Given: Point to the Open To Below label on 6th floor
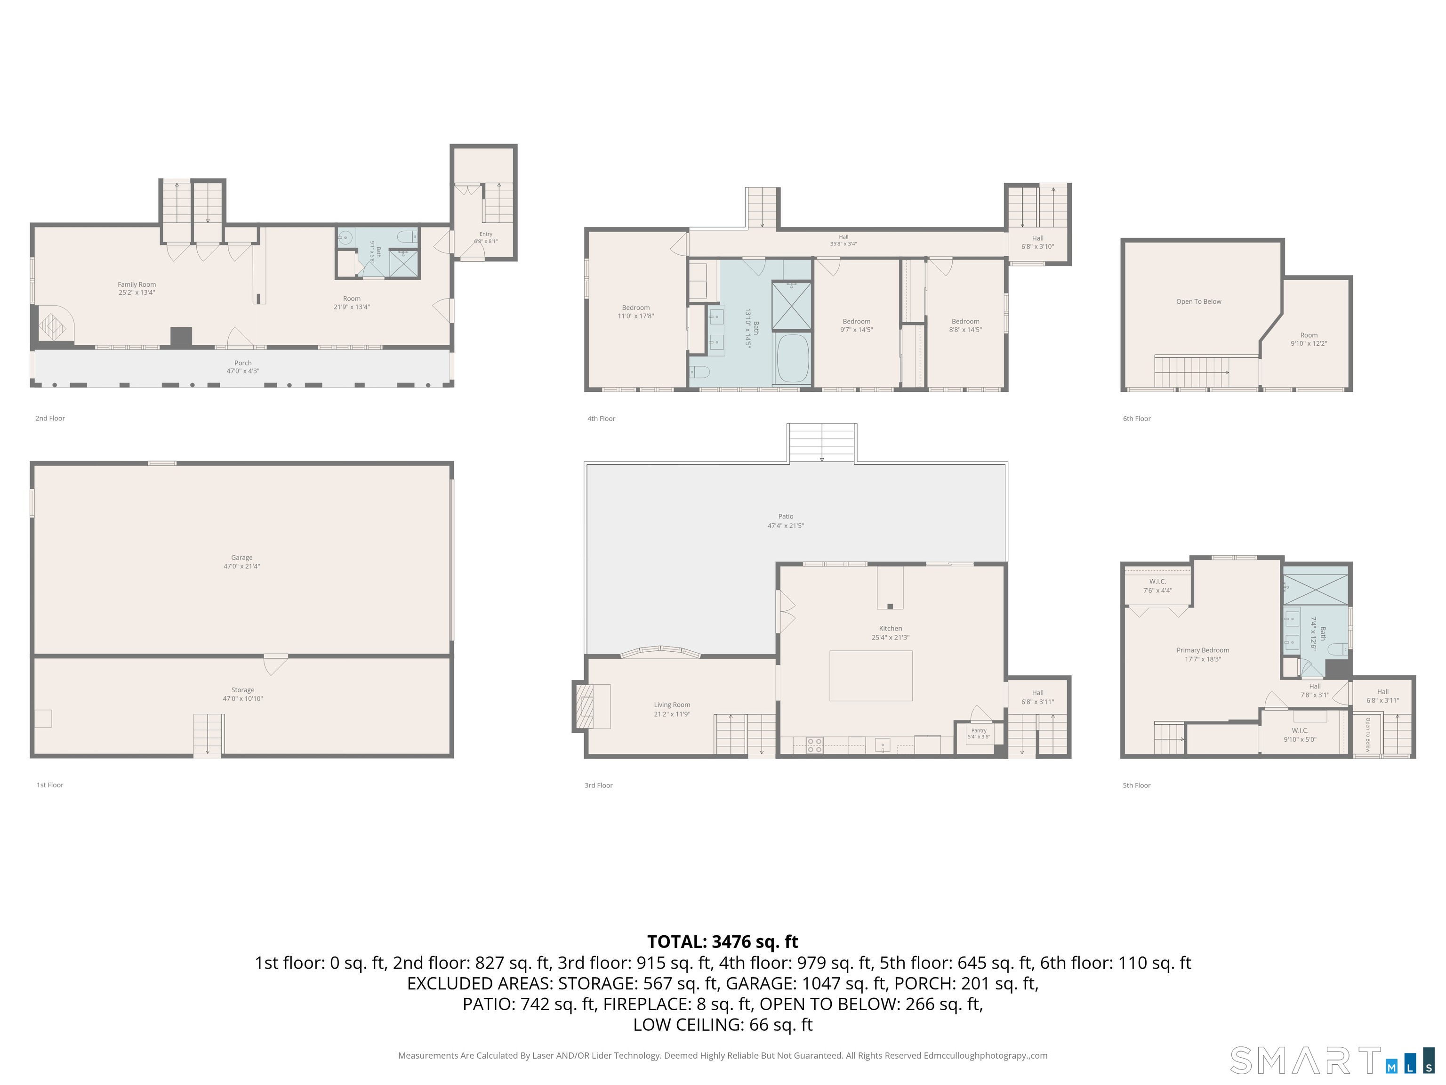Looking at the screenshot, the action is point(1199,301).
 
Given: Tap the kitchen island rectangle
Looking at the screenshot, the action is point(871,676).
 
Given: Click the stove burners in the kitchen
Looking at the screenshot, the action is point(814,745).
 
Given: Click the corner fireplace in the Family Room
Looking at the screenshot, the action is point(52,325).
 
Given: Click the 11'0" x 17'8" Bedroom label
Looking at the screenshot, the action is point(636,311).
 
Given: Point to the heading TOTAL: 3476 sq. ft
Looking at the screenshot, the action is point(723,942).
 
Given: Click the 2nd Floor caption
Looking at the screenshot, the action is point(50,418).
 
